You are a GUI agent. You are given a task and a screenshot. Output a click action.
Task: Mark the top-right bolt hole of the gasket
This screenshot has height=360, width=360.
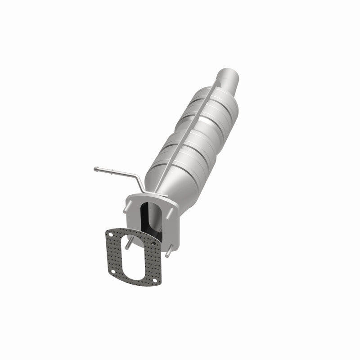click(x=154, y=243)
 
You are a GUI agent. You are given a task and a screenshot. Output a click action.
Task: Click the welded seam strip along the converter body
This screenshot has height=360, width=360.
click(x=189, y=130)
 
